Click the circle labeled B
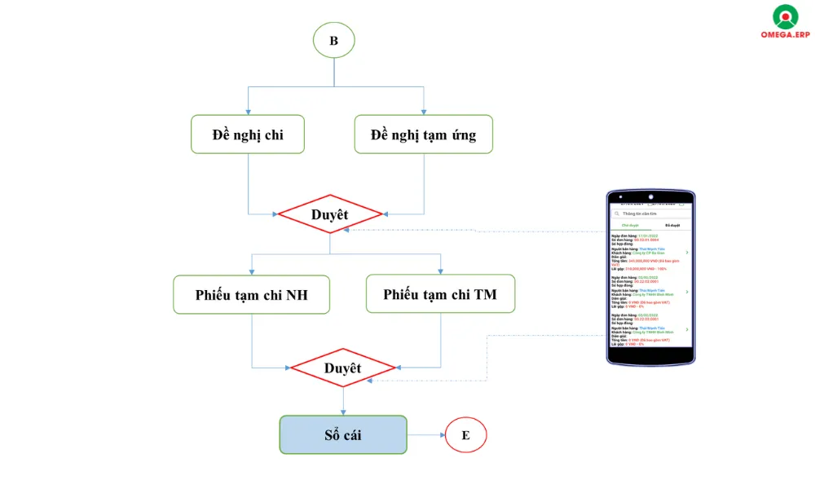click(x=333, y=40)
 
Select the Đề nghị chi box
click(x=248, y=134)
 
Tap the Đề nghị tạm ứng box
click(x=424, y=134)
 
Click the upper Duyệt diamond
click(x=330, y=214)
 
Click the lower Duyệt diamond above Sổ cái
click(x=343, y=368)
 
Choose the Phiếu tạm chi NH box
click(x=251, y=294)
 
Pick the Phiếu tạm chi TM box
click(x=440, y=294)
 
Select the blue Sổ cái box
click(x=343, y=434)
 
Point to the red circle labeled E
click(x=465, y=434)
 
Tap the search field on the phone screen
click(x=652, y=214)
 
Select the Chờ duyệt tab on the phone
click(x=630, y=225)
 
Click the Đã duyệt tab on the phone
click(x=672, y=225)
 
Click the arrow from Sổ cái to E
click(x=425, y=434)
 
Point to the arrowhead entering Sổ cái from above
click(x=343, y=412)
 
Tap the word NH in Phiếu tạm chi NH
click(x=297, y=294)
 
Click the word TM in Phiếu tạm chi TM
click(x=485, y=294)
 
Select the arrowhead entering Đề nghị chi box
click(x=248, y=112)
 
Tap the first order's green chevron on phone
click(x=686, y=253)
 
